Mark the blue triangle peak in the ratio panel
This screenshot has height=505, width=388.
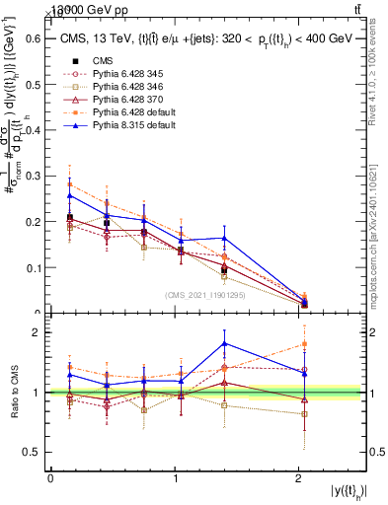click(x=225, y=343)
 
